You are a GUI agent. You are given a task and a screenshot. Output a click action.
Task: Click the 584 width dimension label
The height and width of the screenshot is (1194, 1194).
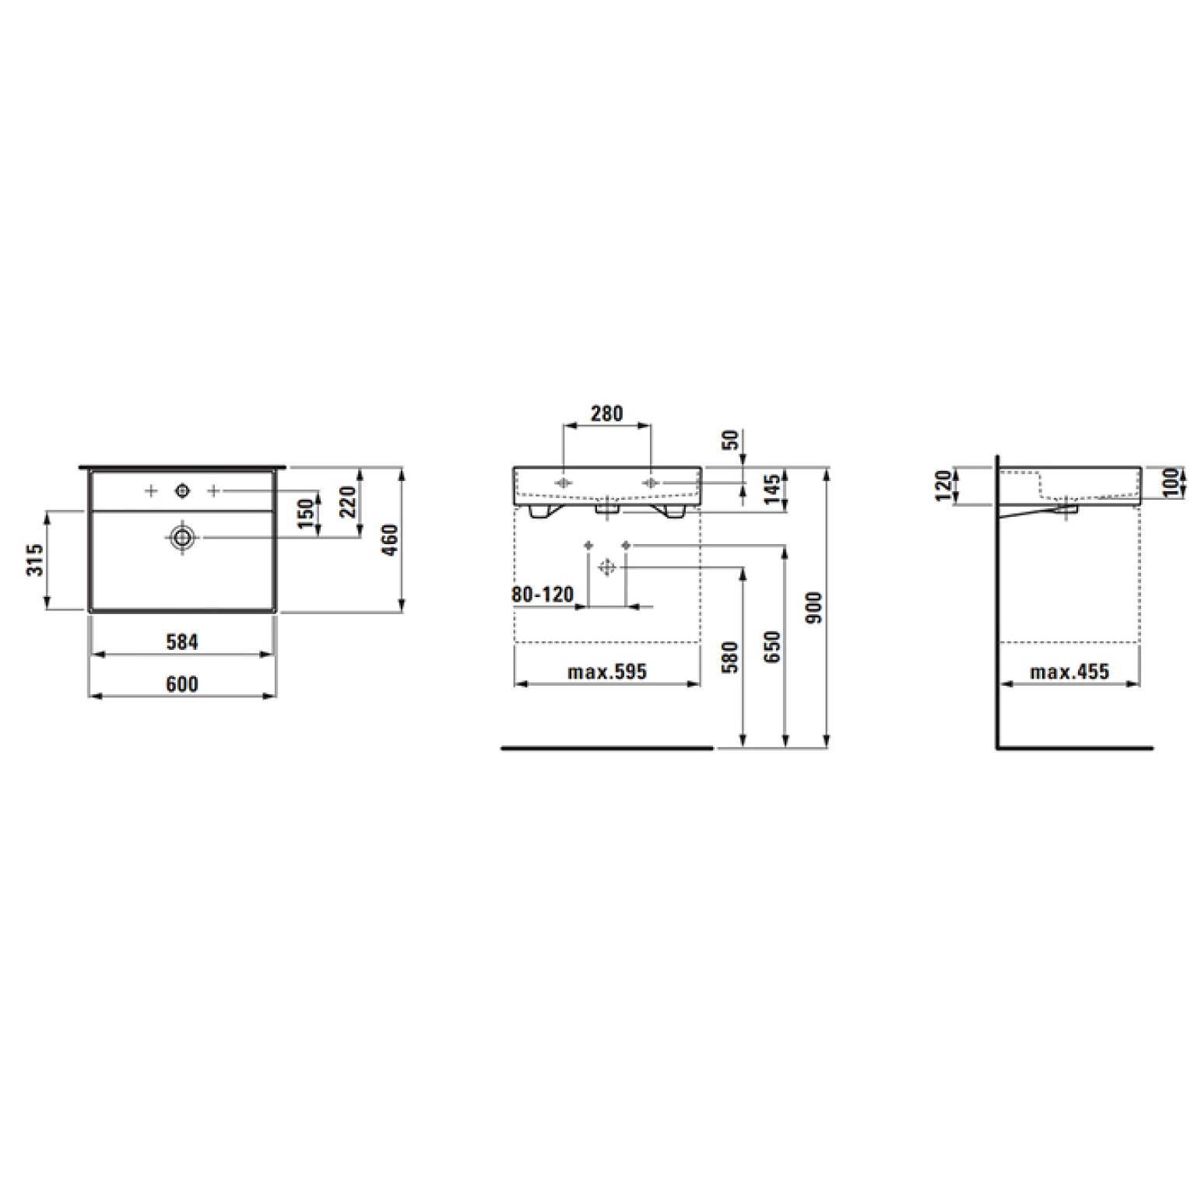182,642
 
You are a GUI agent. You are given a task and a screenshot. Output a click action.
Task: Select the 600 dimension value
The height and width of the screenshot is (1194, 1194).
182,684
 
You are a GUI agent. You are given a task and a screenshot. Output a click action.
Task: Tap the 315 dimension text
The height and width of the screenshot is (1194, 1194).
35,560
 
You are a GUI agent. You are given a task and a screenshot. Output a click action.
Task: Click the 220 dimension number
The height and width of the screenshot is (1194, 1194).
347,502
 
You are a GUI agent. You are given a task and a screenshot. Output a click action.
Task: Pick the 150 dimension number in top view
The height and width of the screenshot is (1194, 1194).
306,514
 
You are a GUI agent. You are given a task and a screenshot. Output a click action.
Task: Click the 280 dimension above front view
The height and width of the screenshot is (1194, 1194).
606,413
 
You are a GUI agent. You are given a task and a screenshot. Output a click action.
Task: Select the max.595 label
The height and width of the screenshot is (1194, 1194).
607,671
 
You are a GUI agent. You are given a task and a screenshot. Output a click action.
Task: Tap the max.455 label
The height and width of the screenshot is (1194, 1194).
1069,671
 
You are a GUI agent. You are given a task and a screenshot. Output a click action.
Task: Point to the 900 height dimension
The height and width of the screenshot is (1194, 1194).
814,607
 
